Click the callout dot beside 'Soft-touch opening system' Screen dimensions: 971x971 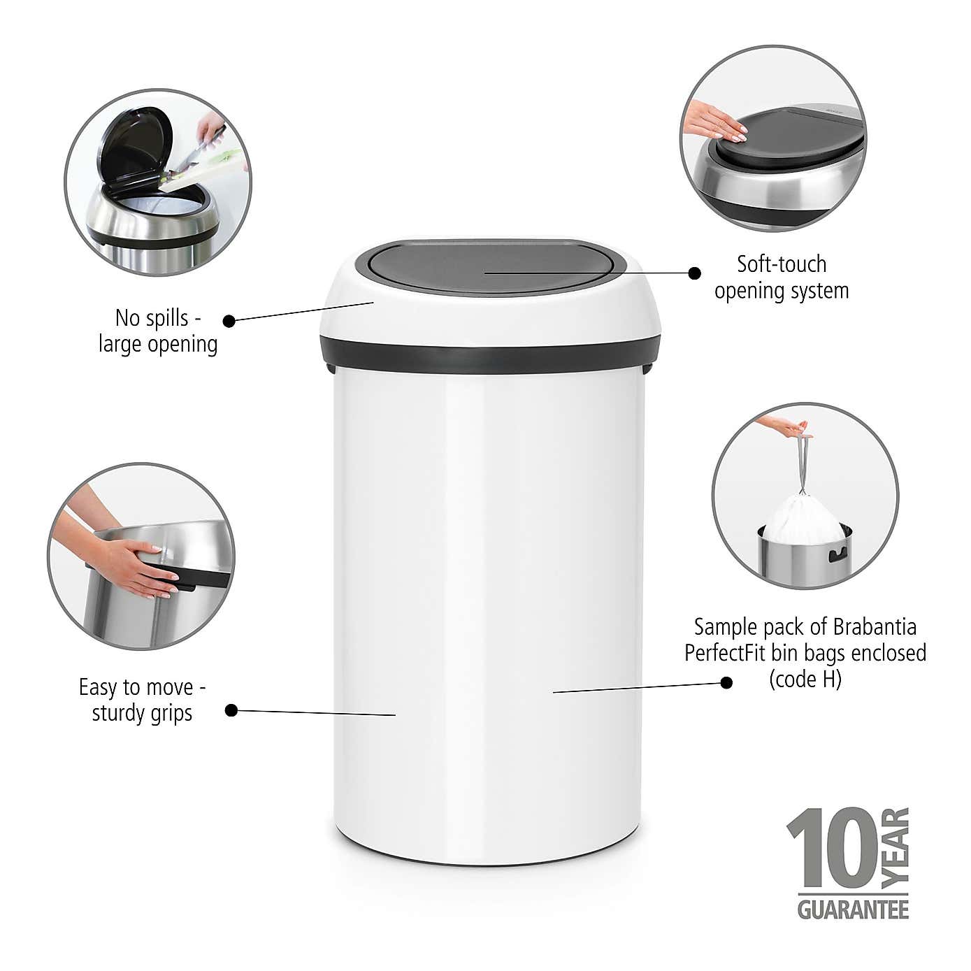(x=694, y=273)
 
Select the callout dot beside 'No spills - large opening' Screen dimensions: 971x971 (x=229, y=321)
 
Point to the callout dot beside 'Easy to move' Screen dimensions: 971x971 (x=231, y=710)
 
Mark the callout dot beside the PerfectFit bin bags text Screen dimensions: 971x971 (x=726, y=682)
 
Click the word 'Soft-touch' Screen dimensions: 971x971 (x=782, y=264)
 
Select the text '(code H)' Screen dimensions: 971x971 (x=805, y=679)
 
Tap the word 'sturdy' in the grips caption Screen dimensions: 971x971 (x=117, y=714)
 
